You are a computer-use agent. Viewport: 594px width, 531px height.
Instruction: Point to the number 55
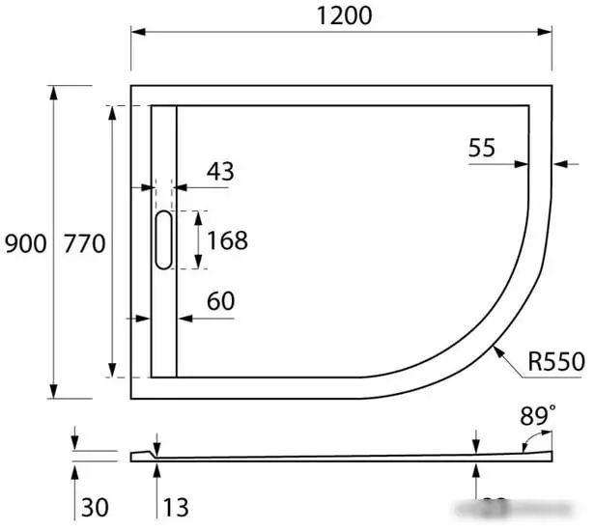[482, 148]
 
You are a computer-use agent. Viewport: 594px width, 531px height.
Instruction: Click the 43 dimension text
[220, 172]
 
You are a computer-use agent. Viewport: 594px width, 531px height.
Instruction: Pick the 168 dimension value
[228, 239]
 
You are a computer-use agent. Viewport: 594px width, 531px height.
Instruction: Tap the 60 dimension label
[220, 301]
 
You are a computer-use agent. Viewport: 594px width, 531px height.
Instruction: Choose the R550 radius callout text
[556, 363]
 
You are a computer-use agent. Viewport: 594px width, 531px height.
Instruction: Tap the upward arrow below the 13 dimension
[156, 470]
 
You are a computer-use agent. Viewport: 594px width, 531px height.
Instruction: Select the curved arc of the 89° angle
[529, 439]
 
